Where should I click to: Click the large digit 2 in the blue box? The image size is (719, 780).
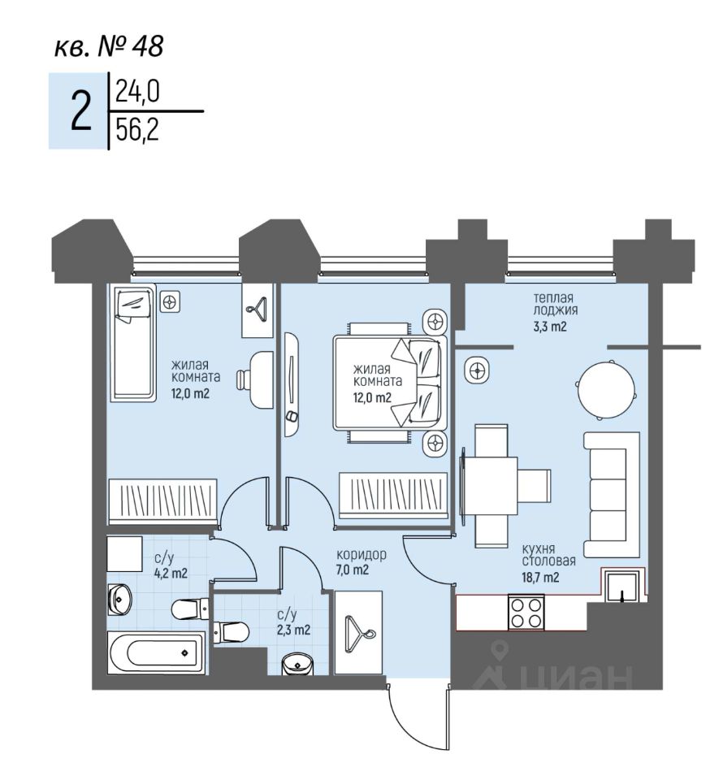pos(80,111)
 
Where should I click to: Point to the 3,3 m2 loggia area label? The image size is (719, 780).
pos(549,327)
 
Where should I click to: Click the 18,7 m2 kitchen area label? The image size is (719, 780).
pos(542,578)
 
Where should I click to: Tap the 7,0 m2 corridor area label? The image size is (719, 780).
pos(353,570)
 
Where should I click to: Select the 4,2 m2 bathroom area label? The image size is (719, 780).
pos(171,573)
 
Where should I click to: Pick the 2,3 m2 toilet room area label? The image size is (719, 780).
pos(293,629)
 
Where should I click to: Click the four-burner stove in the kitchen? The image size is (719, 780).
pos(526,613)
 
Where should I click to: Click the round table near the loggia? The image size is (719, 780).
pos(604,388)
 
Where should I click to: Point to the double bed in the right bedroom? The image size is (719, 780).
pos(389,382)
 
